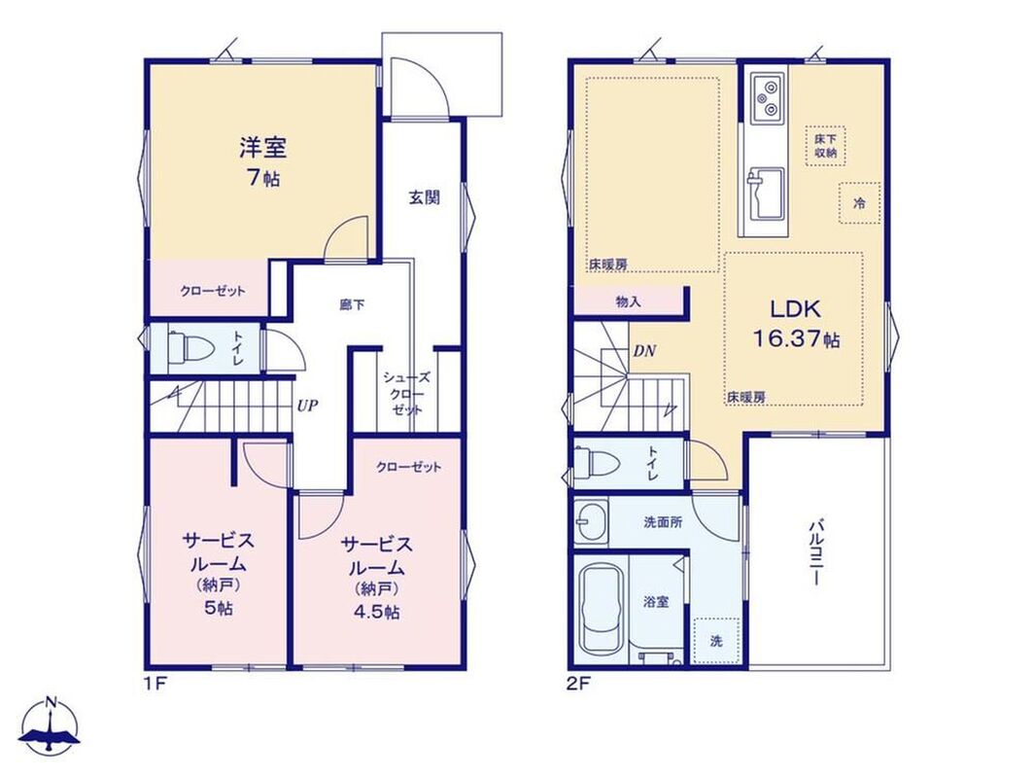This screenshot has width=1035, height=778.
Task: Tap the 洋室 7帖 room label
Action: (262, 161)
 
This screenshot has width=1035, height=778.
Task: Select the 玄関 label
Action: (424, 196)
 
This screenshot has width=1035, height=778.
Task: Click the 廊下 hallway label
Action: (352, 305)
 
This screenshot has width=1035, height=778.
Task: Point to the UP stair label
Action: (307, 406)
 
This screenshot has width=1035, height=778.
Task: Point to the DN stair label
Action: (644, 351)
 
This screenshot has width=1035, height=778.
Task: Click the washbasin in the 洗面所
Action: (590, 522)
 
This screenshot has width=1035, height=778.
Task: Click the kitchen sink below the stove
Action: (766, 194)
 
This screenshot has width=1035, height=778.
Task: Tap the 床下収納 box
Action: (825, 145)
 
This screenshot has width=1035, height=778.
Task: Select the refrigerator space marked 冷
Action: (859, 203)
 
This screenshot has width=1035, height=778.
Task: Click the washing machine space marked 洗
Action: (716, 641)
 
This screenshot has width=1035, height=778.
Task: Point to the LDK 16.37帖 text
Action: (797, 323)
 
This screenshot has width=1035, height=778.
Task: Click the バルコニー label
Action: (816, 552)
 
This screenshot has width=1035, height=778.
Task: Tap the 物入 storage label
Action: (629, 301)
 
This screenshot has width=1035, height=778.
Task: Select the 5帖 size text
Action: (219, 608)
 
